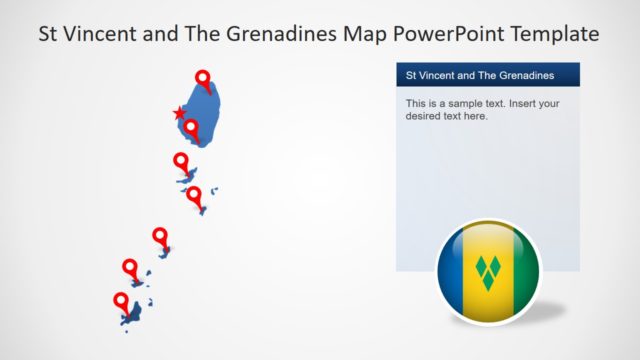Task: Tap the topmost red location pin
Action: [203, 79]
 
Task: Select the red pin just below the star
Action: [189, 127]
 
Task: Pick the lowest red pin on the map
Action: [122, 301]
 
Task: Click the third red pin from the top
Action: [181, 160]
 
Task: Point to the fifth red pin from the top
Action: [160, 236]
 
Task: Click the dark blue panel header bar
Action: [487, 75]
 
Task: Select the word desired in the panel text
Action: [424, 117]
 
